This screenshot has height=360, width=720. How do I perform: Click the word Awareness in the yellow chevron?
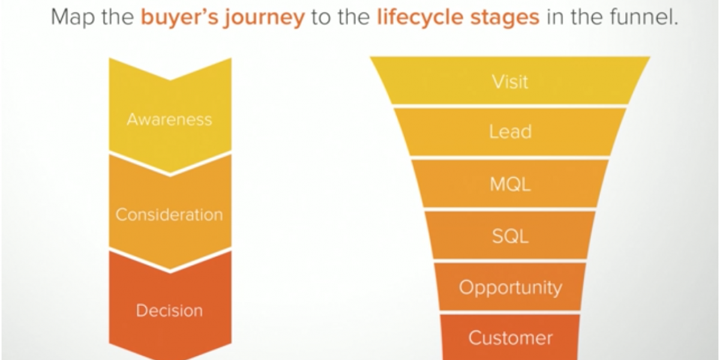(x=169, y=119)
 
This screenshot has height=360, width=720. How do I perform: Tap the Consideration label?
(x=169, y=215)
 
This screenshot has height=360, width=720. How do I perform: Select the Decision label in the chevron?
(x=169, y=311)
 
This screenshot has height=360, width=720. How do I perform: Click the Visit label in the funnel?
(x=510, y=81)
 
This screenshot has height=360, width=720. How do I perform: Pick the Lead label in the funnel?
(x=510, y=132)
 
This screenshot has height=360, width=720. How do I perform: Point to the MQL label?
(x=510, y=184)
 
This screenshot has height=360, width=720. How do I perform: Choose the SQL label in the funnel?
(x=510, y=236)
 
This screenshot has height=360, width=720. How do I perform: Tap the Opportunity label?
(x=510, y=288)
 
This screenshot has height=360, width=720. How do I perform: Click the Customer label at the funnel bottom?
(x=510, y=338)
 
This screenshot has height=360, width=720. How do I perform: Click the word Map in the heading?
(x=71, y=17)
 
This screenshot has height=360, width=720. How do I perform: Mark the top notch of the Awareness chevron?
(x=170, y=79)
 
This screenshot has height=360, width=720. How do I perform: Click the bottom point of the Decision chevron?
(x=170, y=357)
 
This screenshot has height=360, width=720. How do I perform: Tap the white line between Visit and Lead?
(x=510, y=106)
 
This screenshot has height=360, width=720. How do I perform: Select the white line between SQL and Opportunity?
(x=510, y=262)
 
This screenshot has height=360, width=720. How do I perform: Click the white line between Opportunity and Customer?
(x=510, y=313)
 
